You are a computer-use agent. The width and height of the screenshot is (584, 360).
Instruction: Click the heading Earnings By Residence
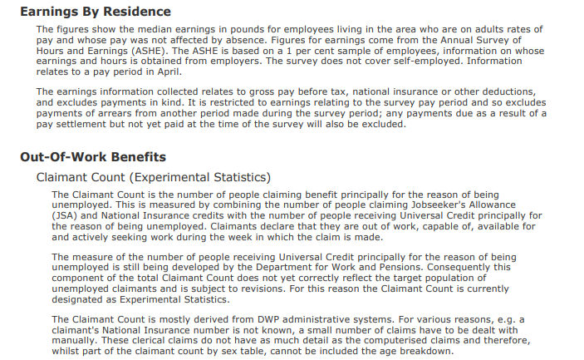pos(95,12)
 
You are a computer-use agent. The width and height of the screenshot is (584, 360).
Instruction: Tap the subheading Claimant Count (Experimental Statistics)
pos(154,177)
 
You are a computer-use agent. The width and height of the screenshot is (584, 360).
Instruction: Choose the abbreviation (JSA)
pos(66,215)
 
